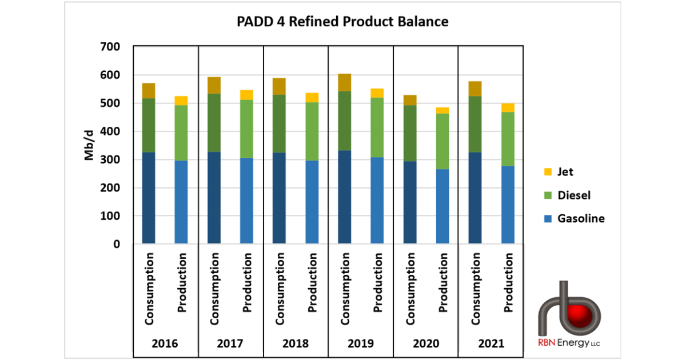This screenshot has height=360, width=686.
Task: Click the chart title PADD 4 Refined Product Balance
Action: [x=342, y=22]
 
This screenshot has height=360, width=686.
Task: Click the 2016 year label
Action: [x=165, y=344]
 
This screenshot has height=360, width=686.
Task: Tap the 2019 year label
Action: [x=360, y=344]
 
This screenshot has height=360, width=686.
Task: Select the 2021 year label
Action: [x=490, y=344]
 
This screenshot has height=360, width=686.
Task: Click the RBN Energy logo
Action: [x=569, y=314]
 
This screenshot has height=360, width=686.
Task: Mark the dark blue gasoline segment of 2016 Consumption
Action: [x=149, y=198]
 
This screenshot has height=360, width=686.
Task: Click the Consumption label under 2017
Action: [x=214, y=289]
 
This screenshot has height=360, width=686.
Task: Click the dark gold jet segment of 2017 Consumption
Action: [x=214, y=85]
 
